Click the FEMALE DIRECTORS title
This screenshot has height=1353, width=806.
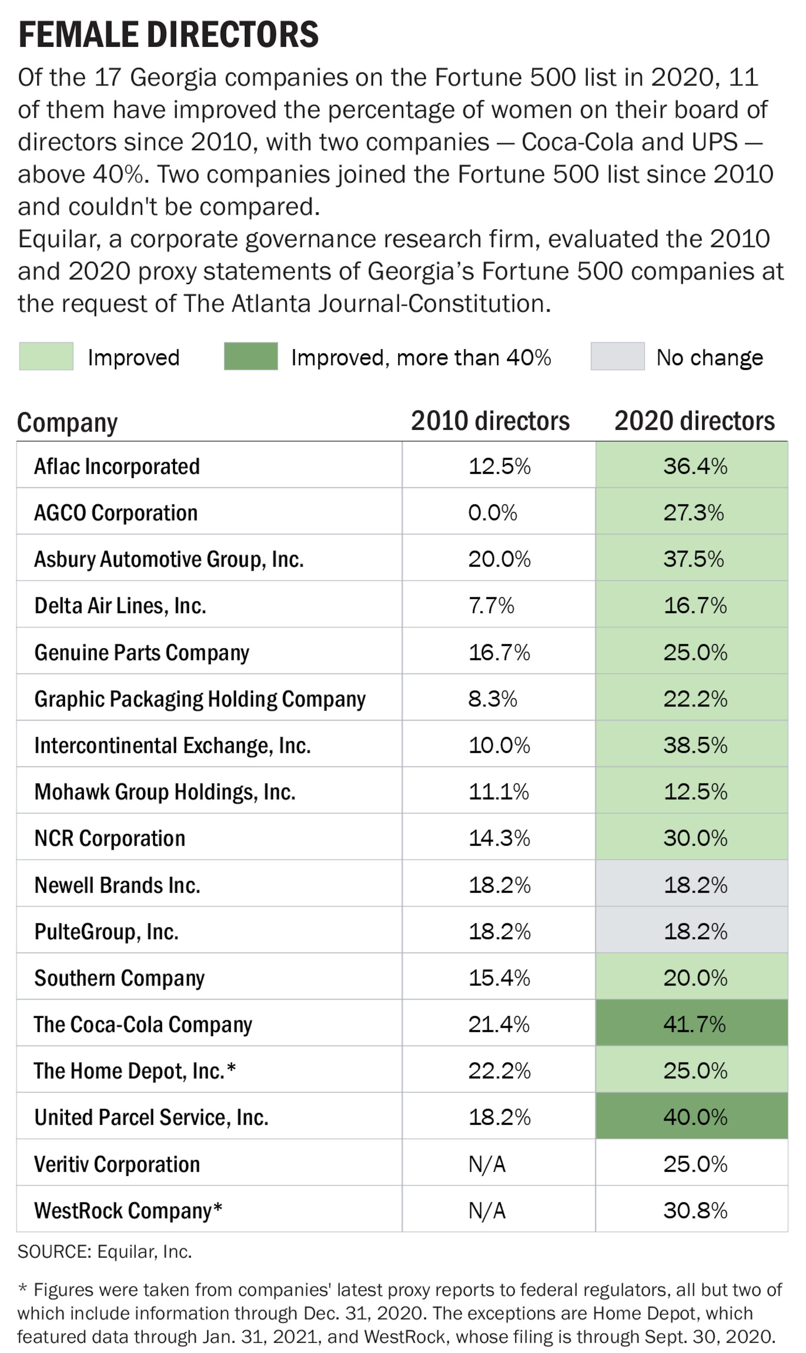click(x=168, y=35)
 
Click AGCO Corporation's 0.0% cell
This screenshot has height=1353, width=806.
click(x=493, y=513)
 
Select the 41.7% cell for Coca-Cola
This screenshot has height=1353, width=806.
click(x=694, y=1024)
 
